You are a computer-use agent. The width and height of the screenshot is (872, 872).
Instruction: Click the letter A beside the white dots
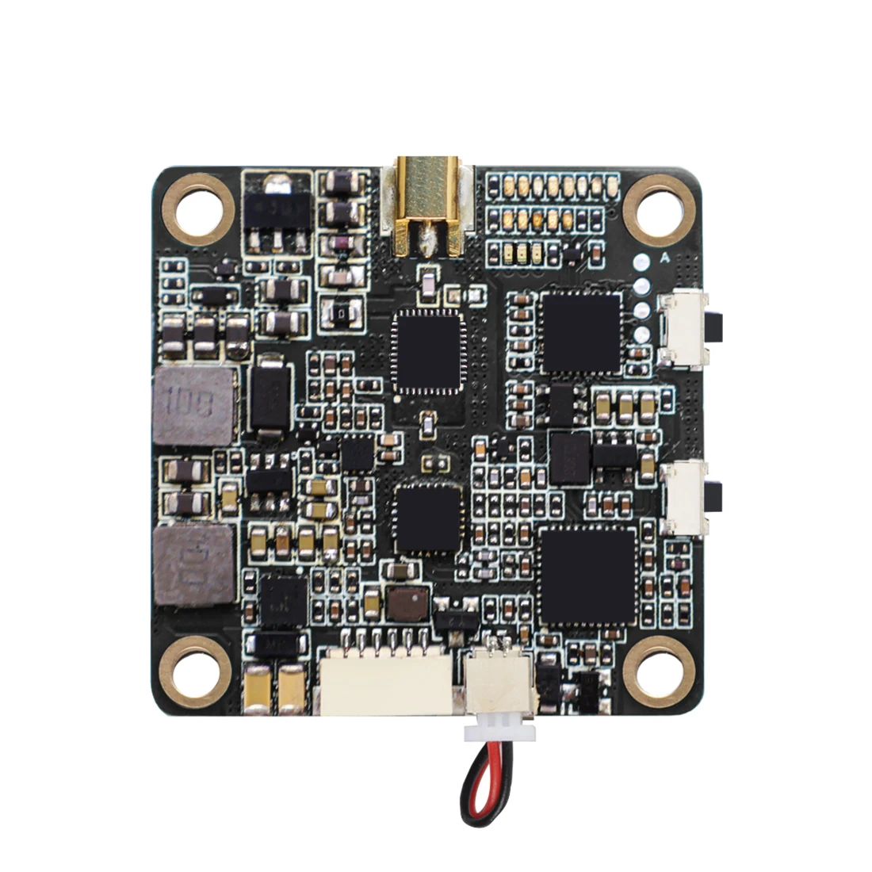664,257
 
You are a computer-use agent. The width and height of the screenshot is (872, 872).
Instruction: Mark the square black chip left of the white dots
581,332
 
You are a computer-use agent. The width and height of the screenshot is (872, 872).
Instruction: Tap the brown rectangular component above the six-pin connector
407,604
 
